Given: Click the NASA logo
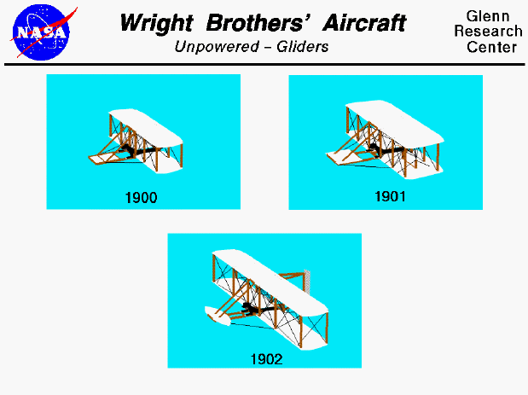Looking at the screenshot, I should click(42, 32).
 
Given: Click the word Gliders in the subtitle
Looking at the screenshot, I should click(300, 47).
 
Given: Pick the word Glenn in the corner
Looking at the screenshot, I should click(487, 17).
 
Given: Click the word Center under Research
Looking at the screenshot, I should click(492, 48).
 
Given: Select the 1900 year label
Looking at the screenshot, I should click(142, 198).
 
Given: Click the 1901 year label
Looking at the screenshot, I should click(391, 196).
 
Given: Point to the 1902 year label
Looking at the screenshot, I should click(265, 359).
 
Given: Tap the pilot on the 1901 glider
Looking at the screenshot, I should click(376, 152).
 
